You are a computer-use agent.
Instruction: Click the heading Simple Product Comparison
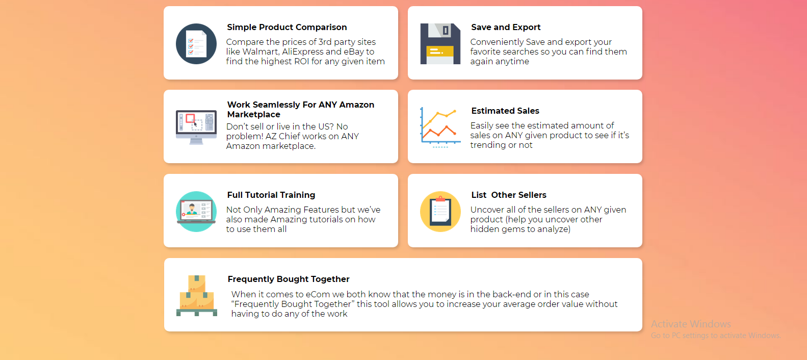point(287,28)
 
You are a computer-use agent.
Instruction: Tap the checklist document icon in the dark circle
point(196,44)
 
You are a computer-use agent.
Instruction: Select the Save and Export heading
point(505,28)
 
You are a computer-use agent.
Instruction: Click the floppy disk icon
point(440,44)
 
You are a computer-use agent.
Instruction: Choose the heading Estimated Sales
point(505,111)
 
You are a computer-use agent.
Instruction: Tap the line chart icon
point(440,127)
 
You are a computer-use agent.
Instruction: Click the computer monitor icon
point(196,127)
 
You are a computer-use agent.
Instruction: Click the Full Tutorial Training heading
point(271,195)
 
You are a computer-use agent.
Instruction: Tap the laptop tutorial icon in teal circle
point(196,212)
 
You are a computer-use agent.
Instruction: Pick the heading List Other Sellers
point(509,195)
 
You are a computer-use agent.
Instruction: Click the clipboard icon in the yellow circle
point(440,212)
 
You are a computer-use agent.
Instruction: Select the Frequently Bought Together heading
point(289,279)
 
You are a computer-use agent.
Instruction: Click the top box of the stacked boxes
point(197,284)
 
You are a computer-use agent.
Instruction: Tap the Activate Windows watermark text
point(691,324)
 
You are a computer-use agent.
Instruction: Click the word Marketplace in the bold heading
point(254,115)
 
